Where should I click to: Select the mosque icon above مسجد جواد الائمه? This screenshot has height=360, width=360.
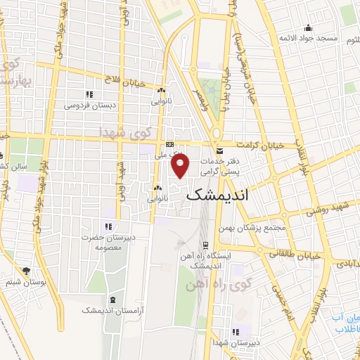coord(307,28)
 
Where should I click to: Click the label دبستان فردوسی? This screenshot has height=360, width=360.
coord(88,105)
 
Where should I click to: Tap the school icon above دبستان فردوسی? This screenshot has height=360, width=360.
coord(89,94)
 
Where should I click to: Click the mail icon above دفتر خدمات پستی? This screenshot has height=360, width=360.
coord(219,151)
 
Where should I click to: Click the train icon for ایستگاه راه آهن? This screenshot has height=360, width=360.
coord(205,246)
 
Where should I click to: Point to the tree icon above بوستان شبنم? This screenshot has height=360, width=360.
coord(27,271)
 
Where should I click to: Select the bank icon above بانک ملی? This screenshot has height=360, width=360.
coord(169,143)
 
